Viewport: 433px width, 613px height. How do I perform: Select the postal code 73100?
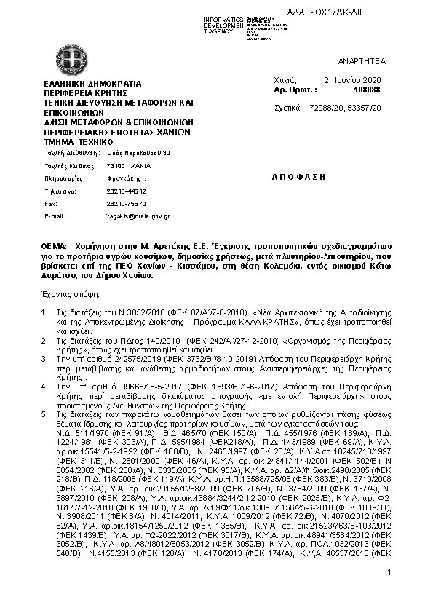pos(106,166)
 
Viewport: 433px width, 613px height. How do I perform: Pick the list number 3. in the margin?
pos(47,360)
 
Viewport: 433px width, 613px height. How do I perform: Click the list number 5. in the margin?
pos(47,413)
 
